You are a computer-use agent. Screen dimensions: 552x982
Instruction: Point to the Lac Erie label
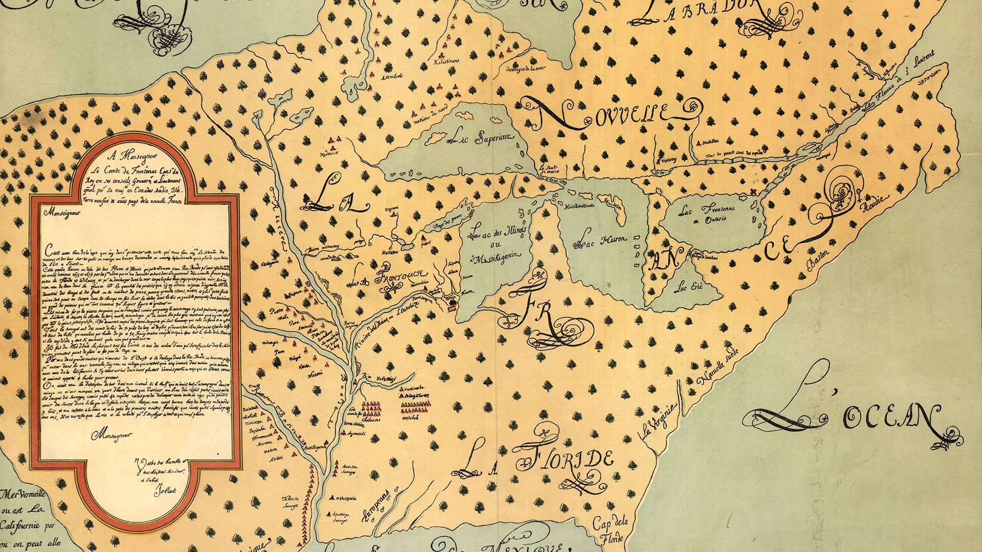(688, 287)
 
